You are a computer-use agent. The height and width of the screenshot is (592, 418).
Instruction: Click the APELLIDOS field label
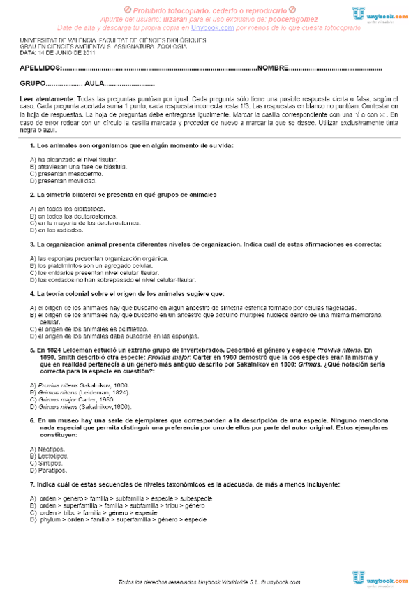pyautogui.click(x=40, y=68)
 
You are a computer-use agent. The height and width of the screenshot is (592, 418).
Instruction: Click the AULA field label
pyautogui.click(x=94, y=83)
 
